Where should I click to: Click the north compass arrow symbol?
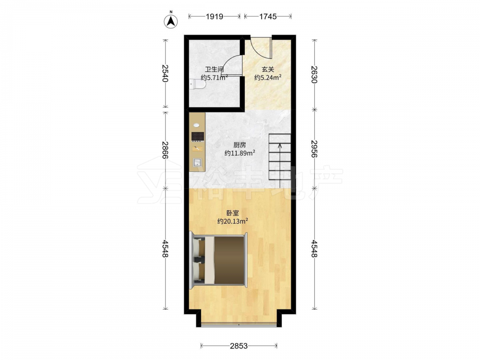tap(171, 21)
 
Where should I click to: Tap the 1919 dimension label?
tap(214, 16)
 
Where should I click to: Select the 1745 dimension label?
tap(268, 16)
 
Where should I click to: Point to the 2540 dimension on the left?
tap(165, 73)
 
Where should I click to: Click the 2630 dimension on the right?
tap(314, 74)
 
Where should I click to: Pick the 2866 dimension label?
tap(165, 150)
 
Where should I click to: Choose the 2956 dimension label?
tap(314, 149)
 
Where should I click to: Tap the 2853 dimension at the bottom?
tap(239, 346)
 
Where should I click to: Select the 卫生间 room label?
tap(214, 70)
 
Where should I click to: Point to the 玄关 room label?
tap(268, 70)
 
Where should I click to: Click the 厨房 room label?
tap(240, 145)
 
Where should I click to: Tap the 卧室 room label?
tap(233, 213)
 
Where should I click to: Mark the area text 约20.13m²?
tap(233, 221)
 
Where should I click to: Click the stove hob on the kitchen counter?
tap(198, 136)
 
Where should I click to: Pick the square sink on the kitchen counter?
tap(197, 162)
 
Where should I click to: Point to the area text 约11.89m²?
tap(240, 153)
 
